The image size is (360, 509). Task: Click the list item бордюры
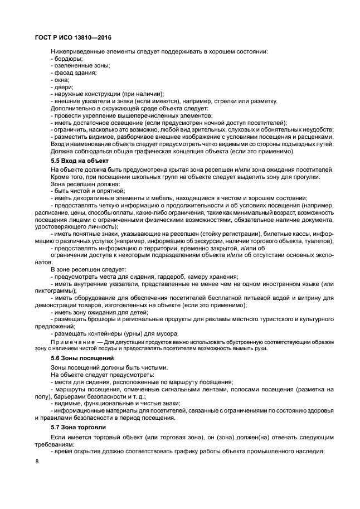click(67, 59)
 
